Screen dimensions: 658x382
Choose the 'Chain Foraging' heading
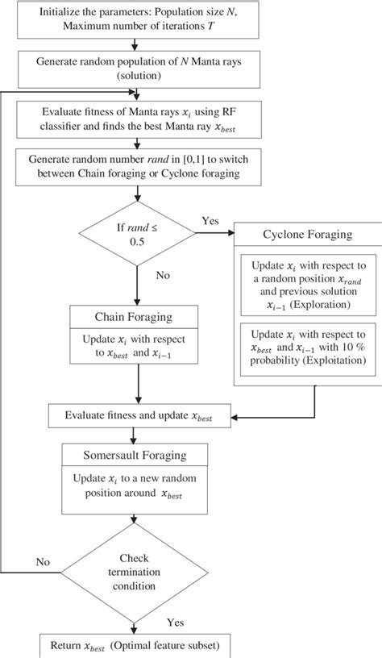pyautogui.click(x=139, y=318)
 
